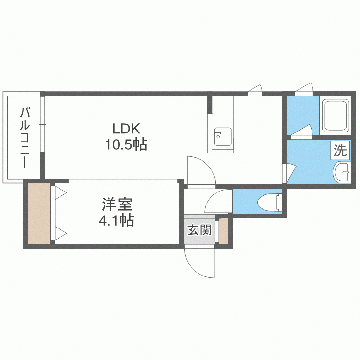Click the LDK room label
point(126,129)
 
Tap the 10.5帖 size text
point(126,144)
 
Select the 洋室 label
point(117,204)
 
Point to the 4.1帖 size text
point(117,220)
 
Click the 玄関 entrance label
point(199,230)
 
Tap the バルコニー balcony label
point(24,137)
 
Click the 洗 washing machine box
point(340,150)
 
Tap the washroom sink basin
point(342,172)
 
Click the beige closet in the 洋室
point(39,214)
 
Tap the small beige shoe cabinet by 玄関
point(223,231)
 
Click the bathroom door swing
point(302,131)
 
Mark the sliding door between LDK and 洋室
point(123,181)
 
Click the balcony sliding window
point(42,124)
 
